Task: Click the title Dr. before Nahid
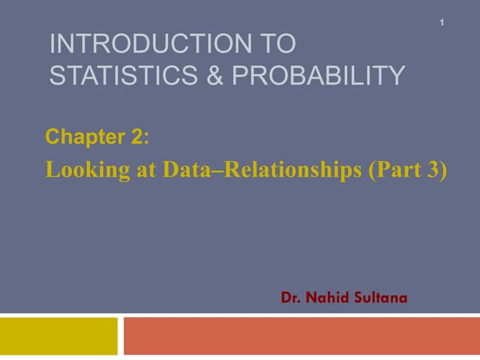tap(292, 298)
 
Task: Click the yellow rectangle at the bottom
tap(58, 336)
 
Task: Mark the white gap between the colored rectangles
tap(121, 336)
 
